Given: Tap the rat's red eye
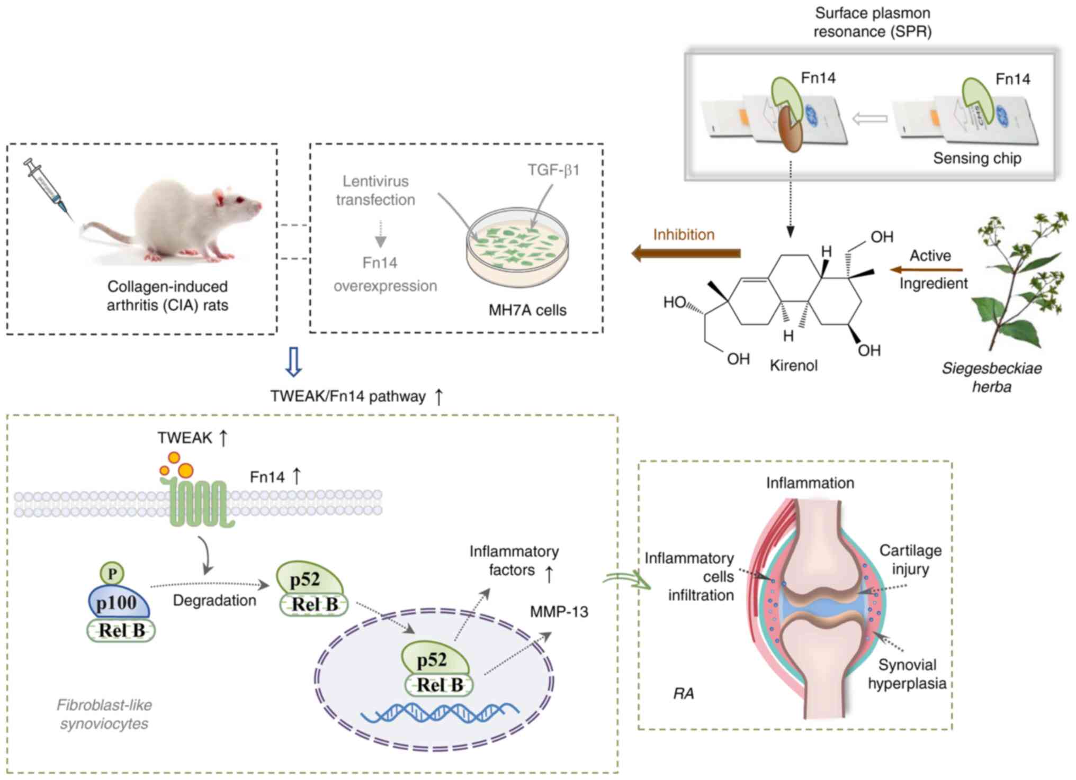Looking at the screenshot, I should coord(240,200).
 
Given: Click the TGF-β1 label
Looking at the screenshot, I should coord(553,170).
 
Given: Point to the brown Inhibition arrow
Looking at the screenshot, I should coord(686,253).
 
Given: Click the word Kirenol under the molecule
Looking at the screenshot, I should coord(793,366).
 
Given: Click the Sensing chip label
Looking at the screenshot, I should coord(977,158).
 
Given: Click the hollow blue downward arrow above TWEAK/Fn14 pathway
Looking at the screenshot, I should coord(293,362).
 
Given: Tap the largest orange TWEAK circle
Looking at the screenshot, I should coord(185,470).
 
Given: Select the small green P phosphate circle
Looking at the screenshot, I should coord(112,574).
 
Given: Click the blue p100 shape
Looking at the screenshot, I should coord(118,602).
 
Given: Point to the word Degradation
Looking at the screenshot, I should coord(214,601).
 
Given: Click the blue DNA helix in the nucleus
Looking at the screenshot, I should coord(440,713).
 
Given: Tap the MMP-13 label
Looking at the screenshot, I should coord(559,612).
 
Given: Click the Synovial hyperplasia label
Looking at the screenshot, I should coord(907,674).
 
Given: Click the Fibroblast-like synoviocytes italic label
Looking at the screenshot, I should coord(104,714).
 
